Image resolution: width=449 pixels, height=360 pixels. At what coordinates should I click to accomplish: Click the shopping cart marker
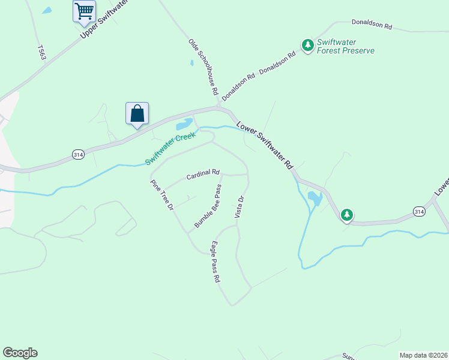pos(84,11)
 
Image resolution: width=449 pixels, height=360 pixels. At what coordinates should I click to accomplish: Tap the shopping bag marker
pos(137,113)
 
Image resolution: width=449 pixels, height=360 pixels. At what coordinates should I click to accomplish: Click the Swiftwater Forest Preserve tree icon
pos(307,45)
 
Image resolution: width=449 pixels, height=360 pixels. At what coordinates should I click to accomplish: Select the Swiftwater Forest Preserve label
pos(346,46)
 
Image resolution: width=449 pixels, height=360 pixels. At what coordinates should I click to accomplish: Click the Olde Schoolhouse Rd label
pos(203,68)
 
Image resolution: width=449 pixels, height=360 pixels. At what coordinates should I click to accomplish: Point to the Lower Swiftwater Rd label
pos(264,145)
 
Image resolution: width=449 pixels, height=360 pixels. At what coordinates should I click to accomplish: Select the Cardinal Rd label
pos(202,175)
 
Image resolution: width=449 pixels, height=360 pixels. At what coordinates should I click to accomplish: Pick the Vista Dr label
pos(240,207)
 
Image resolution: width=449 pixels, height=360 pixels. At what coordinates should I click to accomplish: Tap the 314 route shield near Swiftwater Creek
pos(77,154)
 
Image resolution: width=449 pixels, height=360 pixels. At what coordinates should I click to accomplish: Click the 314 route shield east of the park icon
pos(419,211)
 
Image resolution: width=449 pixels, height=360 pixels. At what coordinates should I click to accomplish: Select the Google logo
pos(20,353)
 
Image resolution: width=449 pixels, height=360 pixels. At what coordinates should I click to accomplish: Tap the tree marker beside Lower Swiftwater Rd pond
pos(346,214)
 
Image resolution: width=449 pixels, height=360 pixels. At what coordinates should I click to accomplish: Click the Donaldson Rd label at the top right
pos(372,26)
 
